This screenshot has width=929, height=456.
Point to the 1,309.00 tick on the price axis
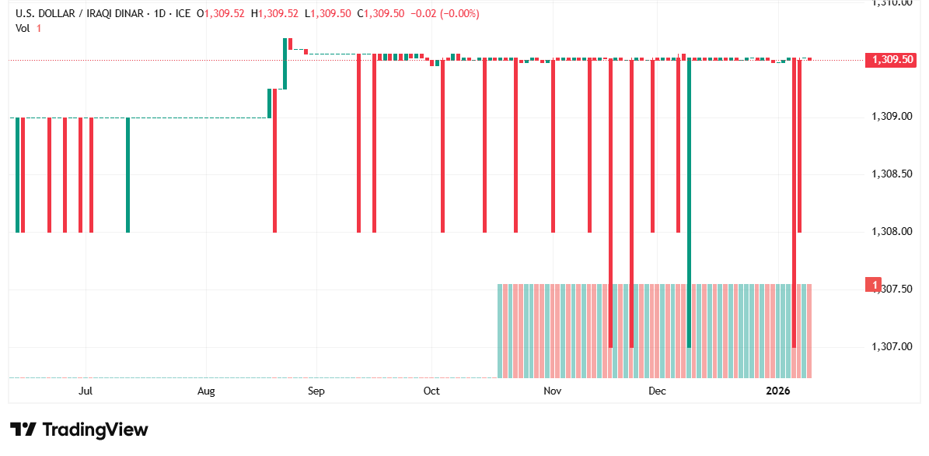(x=892, y=117)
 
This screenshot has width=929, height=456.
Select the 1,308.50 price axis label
(x=892, y=174)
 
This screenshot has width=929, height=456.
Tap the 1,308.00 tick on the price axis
(x=892, y=232)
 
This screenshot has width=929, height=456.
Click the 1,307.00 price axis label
(x=892, y=346)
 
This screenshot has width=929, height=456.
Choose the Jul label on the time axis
(x=86, y=391)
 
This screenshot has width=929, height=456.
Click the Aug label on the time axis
(x=206, y=391)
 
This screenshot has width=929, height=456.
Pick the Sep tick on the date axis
(x=316, y=391)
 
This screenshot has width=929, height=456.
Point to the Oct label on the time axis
(x=431, y=391)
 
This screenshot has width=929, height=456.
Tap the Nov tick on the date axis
(x=552, y=391)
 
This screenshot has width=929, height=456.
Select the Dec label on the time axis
(x=658, y=391)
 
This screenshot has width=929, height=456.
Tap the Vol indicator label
(x=23, y=28)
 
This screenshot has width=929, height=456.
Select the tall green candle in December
(x=689, y=202)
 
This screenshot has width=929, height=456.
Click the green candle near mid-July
(x=128, y=175)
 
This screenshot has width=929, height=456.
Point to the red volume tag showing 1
(x=875, y=285)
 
